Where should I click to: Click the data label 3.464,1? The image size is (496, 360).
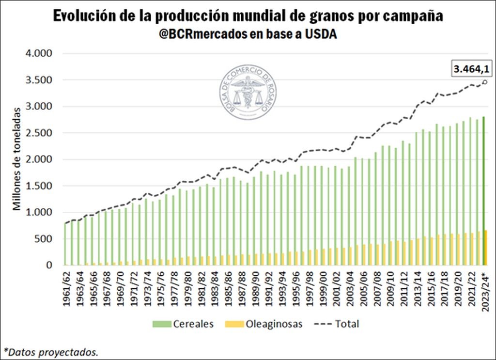click(471, 69)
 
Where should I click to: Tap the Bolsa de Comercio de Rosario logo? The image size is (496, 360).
click(248, 93)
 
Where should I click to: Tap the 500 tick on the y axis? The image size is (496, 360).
click(43, 239)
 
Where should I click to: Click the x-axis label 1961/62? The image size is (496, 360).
click(67, 288)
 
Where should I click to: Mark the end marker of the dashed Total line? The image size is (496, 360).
click(485, 81)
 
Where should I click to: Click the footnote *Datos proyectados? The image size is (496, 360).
click(51, 351)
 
